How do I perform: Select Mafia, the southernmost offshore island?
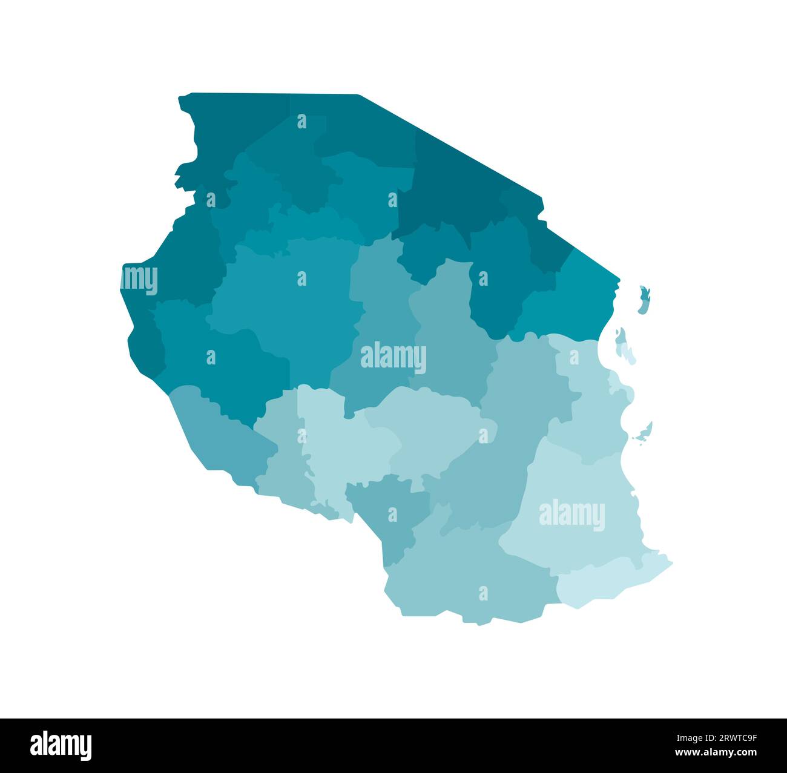click(x=644, y=432)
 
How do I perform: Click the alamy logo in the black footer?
click(x=61, y=745)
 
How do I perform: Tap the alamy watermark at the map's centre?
click(x=393, y=358)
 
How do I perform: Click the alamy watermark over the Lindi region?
click(x=571, y=515)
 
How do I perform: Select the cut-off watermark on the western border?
click(x=140, y=280)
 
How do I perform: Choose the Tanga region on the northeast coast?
click(x=575, y=297)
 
